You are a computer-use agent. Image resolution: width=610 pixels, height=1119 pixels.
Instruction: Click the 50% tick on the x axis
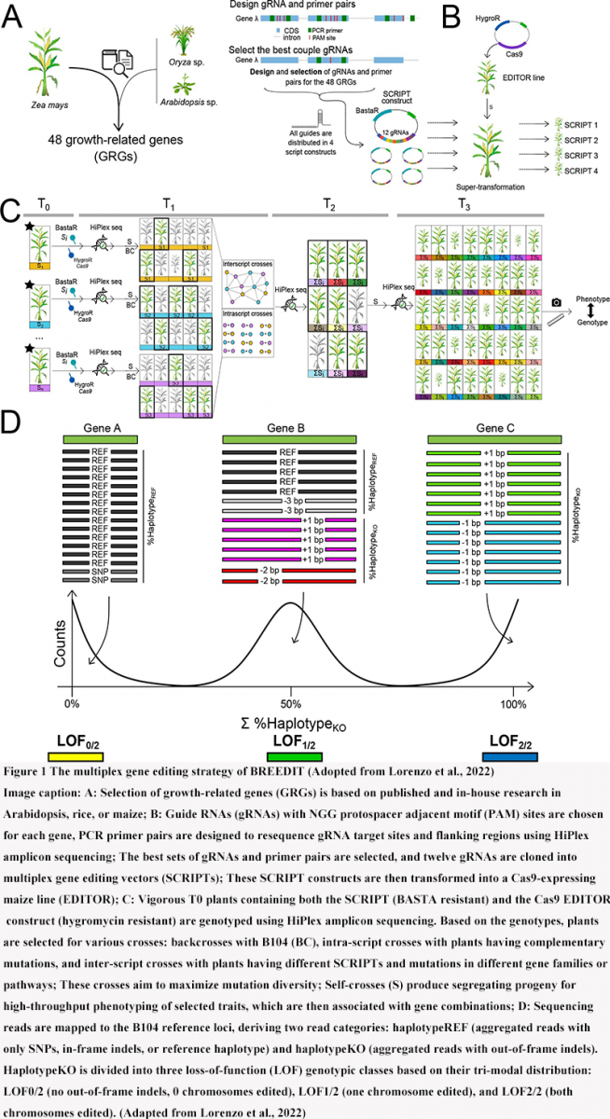coord(292,702)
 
